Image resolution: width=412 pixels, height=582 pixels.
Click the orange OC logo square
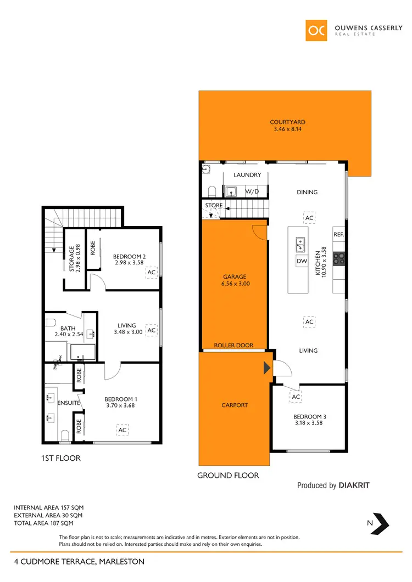(x=317, y=30)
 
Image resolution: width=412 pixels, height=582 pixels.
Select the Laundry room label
(x=247, y=176)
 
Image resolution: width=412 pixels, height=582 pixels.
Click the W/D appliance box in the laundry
(x=252, y=191)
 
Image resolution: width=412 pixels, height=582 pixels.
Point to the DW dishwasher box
(x=302, y=261)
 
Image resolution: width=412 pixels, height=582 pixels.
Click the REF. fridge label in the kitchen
(x=338, y=235)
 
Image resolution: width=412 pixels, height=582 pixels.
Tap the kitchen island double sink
(x=302, y=242)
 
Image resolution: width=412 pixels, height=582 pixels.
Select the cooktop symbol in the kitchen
(x=339, y=257)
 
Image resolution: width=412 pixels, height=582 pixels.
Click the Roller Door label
(x=233, y=346)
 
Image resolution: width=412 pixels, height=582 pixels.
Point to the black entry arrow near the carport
(x=268, y=368)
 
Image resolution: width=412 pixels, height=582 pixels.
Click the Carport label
(x=235, y=405)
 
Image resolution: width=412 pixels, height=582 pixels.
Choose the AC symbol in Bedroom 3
(x=296, y=397)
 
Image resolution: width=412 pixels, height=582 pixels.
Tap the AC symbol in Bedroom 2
(x=152, y=272)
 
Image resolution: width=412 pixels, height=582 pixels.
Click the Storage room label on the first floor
(x=75, y=259)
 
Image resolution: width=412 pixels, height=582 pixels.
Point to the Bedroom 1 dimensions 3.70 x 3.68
(x=121, y=406)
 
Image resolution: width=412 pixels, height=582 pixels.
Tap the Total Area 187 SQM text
(x=48, y=523)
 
